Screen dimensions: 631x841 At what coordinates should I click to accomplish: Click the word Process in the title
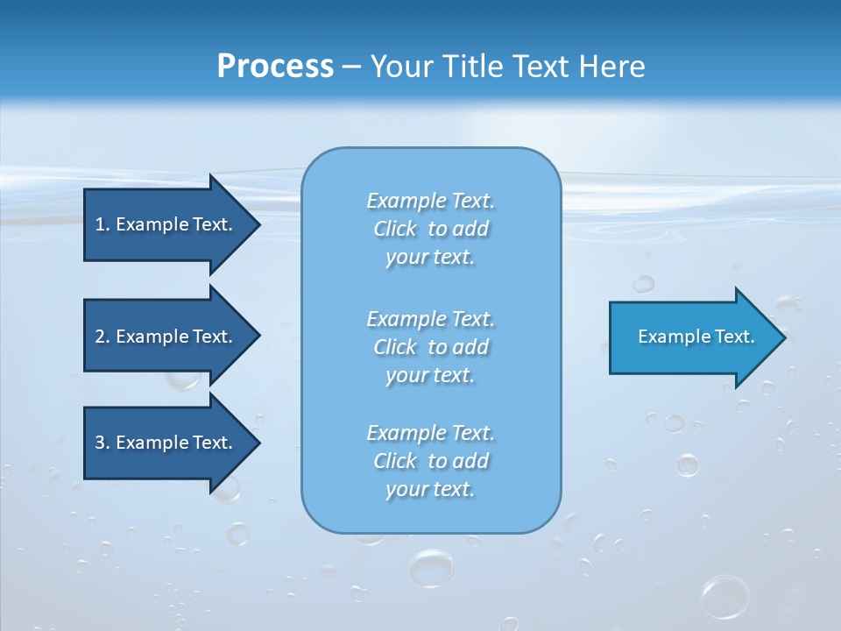pos(275,67)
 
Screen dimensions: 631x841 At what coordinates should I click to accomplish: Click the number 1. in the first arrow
pos(102,224)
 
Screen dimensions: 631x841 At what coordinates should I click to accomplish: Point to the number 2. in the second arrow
pos(102,337)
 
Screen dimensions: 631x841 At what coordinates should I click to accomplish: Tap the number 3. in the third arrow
pos(102,443)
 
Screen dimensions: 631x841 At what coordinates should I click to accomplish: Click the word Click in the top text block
pos(395,229)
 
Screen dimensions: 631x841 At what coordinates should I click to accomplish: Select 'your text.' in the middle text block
pos(430,375)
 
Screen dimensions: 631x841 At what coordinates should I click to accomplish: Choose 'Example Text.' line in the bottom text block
pos(430,433)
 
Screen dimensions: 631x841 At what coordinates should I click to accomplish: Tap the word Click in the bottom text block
pos(395,461)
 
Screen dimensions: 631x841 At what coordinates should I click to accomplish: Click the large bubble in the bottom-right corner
pos(725,596)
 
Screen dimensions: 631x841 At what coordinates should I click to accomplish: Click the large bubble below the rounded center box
pos(432,567)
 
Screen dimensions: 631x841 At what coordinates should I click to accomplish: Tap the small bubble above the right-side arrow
pos(644,283)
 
